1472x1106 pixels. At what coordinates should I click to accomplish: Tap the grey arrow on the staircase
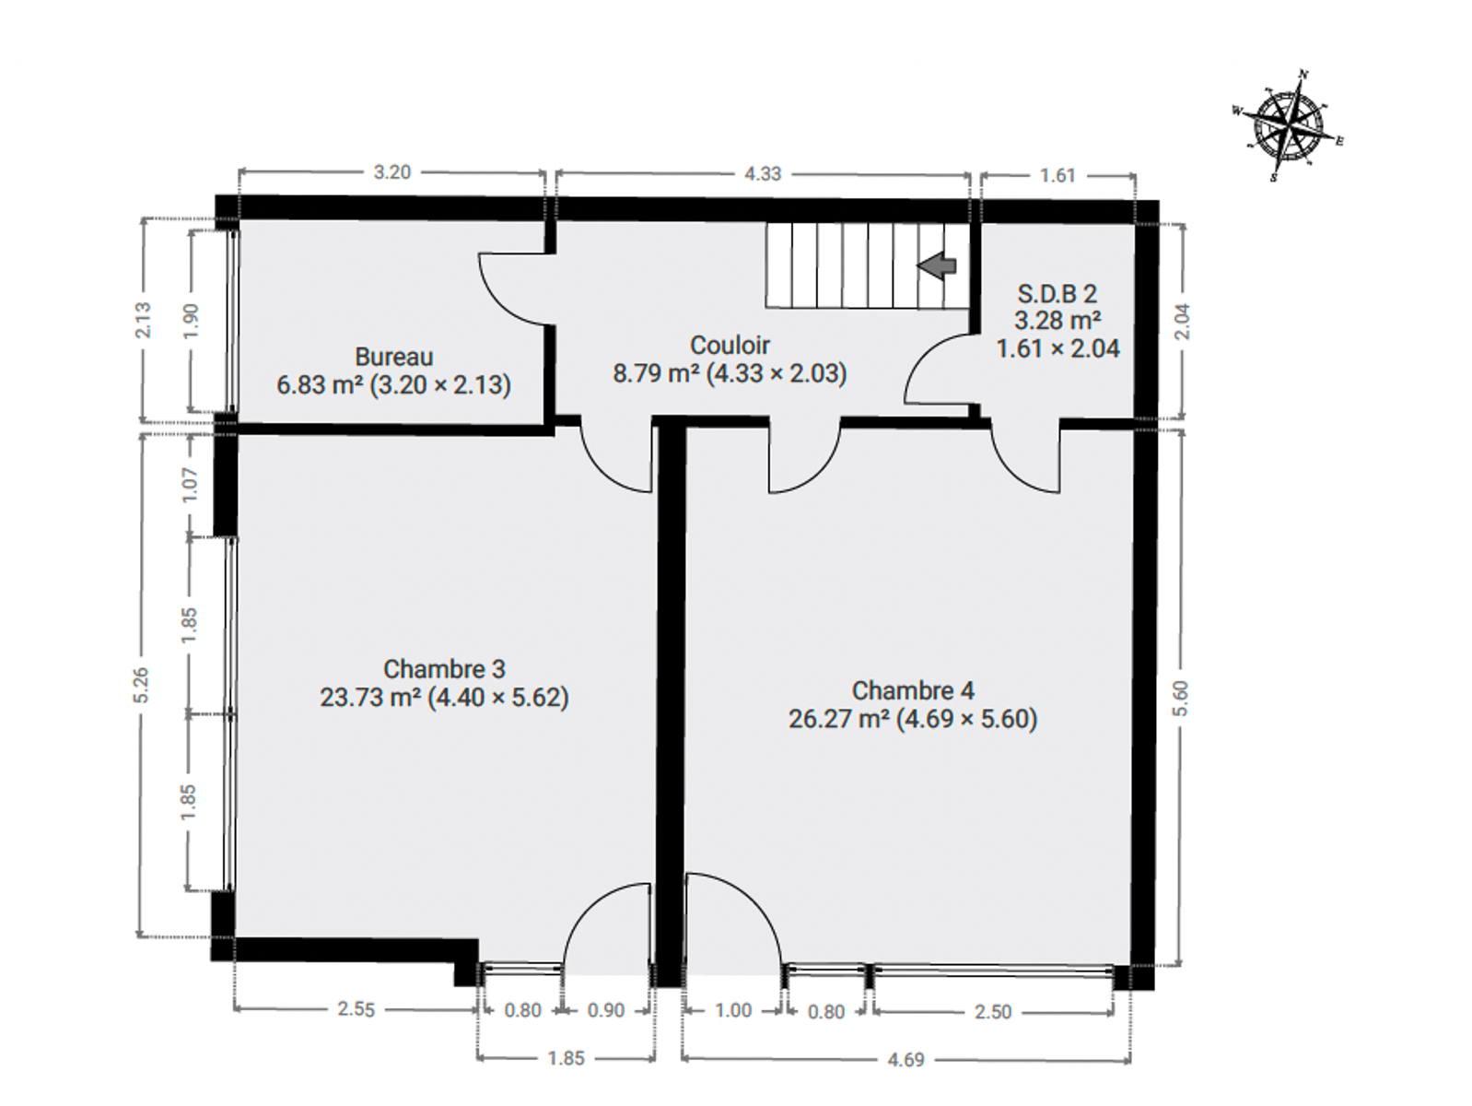[937, 265]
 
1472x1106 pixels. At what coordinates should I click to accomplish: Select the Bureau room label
[393, 357]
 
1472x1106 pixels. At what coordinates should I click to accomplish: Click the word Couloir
[730, 346]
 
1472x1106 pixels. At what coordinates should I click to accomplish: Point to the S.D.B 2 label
[1057, 294]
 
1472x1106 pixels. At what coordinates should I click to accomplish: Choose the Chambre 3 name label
[444, 669]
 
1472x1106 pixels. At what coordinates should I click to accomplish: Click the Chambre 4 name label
[913, 690]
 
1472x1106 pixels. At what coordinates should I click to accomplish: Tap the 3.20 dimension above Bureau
[391, 172]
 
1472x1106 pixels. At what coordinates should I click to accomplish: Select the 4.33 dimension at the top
[763, 173]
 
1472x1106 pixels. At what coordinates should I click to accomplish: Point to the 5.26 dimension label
[142, 685]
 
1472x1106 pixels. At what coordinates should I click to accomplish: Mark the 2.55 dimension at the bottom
[356, 1009]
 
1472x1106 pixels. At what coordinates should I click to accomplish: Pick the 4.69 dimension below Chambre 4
[905, 1059]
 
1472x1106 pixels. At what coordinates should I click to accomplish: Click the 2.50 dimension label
[992, 1011]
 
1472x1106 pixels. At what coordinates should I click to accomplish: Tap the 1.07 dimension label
[190, 484]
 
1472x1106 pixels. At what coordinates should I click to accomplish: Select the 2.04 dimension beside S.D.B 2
[1182, 322]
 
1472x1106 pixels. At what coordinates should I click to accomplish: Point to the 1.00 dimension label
[733, 1010]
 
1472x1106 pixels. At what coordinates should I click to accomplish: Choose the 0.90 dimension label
[605, 1010]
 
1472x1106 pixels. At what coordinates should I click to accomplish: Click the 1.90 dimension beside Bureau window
[191, 322]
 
